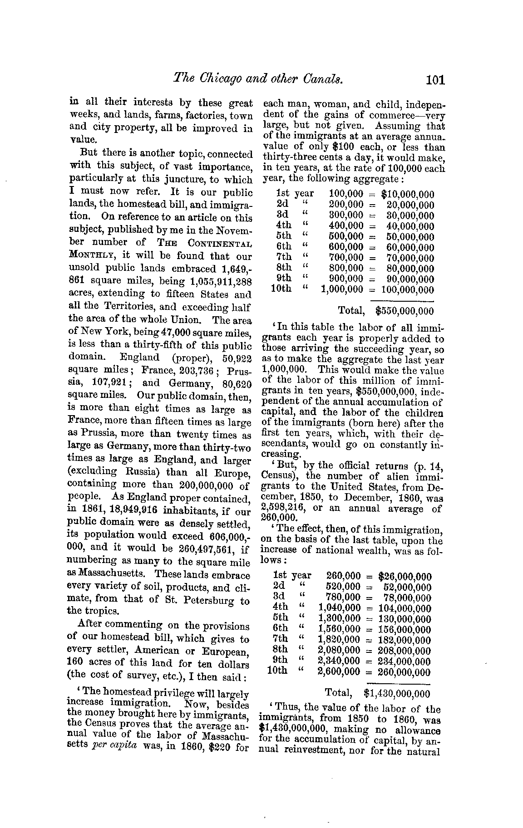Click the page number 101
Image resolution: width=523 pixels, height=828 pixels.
pos(435,80)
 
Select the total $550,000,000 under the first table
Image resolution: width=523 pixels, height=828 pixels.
pos(405,311)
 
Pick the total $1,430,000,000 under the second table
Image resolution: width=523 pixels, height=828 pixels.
pos(396,693)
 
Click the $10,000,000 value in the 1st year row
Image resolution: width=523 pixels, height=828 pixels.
pos(408,195)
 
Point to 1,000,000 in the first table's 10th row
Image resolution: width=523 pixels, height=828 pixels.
pos(342,289)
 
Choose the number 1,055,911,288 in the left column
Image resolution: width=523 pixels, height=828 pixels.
pos(218,281)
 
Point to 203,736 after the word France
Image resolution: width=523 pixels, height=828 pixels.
pos(192,371)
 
